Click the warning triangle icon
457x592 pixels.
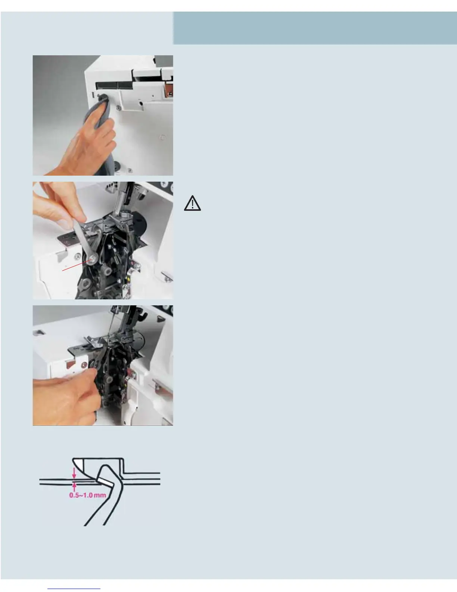tap(192, 203)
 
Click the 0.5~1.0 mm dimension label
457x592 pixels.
tap(88, 495)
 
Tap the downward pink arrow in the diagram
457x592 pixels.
tap(74, 473)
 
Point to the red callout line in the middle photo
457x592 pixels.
tap(77, 265)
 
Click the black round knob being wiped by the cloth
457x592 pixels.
tap(104, 98)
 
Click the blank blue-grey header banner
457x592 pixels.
tap(315, 28)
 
